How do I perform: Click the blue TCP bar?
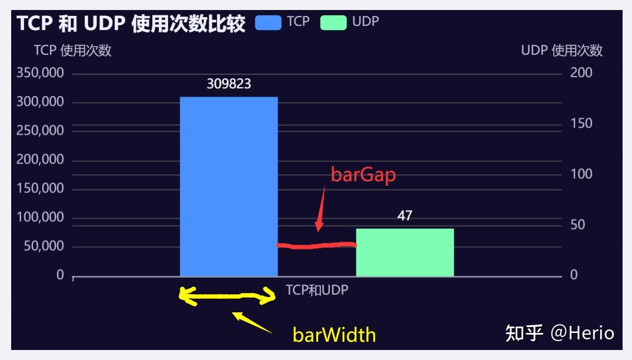(x=229, y=186)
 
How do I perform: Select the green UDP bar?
(x=405, y=252)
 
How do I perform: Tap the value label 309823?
(x=229, y=84)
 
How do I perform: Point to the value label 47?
(x=404, y=216)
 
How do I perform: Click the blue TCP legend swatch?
(x=268, y=22)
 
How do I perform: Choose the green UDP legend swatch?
(x=333, y=22)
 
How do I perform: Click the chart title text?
(x=131, y=23)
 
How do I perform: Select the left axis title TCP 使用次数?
(x=72, y=51)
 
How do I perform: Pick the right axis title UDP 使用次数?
(x=562, y=51)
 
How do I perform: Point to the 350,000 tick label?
(x=40, y=72)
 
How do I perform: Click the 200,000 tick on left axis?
(x=40, y=159)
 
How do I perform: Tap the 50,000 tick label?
(x=44, y=246)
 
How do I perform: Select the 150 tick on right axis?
(x=581, y=124)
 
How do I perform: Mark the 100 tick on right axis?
(x=581, y=174)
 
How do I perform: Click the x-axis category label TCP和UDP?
(x=317, y=290)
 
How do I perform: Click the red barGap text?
(x=363, y=175)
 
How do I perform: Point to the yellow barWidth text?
(x=334, y=335)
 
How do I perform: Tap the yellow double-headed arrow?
(x=228, y=296)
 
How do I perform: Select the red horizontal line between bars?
(x=316, y=245)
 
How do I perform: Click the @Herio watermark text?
(x=582, y=333)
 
